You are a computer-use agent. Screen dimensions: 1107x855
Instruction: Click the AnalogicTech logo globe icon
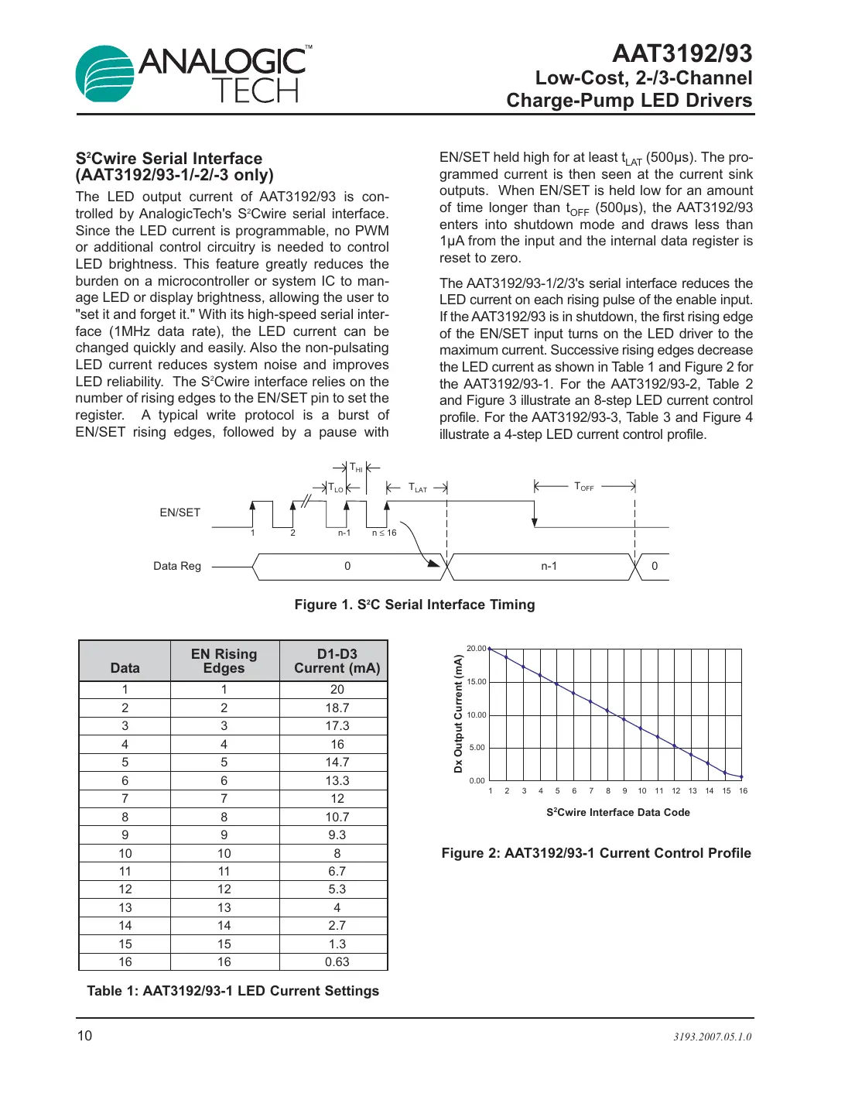click(105, 74)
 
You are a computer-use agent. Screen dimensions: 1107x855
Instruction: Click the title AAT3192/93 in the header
click(682, 53)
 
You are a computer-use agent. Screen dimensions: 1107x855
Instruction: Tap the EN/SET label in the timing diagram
click(180, 512)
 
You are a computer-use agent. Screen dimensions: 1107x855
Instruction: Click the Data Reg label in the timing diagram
click(177, 566)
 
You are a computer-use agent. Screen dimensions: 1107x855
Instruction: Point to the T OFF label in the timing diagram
click(584, 487)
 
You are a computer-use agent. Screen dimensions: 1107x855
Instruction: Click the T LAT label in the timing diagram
click(418, 488)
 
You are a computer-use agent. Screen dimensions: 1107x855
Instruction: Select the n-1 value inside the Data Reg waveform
click(549, 566)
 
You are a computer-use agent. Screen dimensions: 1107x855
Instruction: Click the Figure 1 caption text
click(415, 605)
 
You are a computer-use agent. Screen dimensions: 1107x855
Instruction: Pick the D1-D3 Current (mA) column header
click(337, 661)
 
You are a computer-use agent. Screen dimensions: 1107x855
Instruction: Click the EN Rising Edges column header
click(224, 661)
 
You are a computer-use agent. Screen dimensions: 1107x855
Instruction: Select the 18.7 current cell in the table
click(337, 708)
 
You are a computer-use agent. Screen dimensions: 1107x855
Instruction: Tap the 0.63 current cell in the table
click(337, 961)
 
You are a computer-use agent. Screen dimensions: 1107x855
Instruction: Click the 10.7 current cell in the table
click(337, 817)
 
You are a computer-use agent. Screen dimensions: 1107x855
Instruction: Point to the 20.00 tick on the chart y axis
click(476, 649)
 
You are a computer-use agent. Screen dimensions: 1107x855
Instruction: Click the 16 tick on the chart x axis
click(743, 791)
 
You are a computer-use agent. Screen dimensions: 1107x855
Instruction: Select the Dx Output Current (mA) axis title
click(458, 714)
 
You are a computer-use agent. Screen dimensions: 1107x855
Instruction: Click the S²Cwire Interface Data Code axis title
click(617, 812)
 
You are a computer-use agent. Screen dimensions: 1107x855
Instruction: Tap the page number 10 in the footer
click(84, 1036)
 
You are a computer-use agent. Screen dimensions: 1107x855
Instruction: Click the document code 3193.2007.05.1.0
click(712, 1037)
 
